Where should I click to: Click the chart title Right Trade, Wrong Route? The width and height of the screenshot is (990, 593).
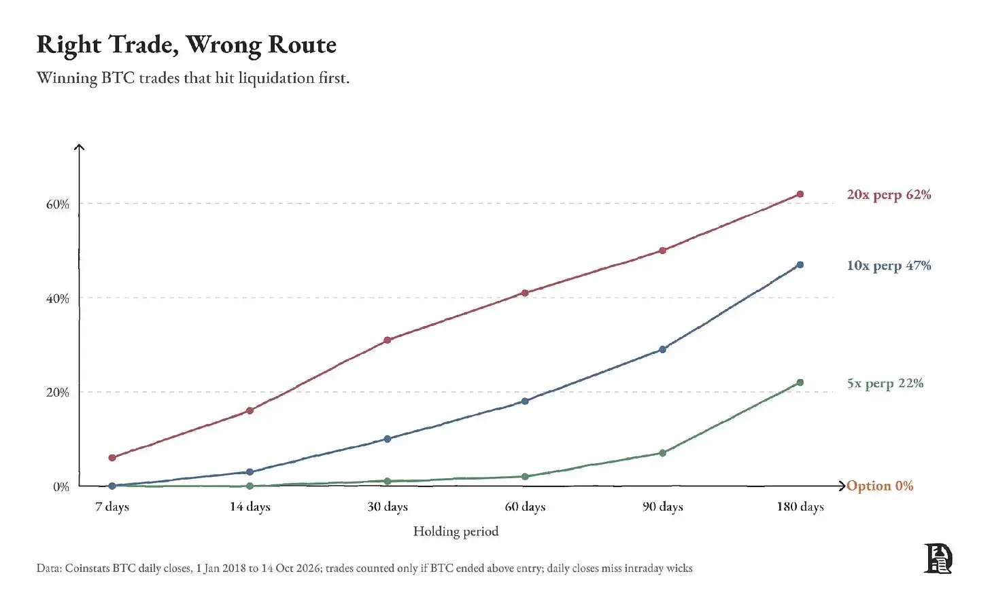(x=186, y=46)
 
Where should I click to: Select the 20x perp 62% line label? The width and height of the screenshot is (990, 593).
(x=889, y=195)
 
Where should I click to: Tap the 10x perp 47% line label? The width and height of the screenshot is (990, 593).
(x=889, y=266)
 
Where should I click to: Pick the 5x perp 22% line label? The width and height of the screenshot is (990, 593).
(x=885, y=383)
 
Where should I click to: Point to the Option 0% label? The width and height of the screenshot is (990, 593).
(x=880, y=486)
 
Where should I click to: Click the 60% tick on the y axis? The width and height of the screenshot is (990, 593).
(x=57, y=204)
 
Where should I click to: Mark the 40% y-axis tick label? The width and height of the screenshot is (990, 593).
(x=57, y=298)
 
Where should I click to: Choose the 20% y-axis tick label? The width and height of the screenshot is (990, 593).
(x=57, y=392)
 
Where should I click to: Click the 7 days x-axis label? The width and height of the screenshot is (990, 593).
(x=112, y=507)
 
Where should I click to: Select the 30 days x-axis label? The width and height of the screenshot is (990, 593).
(x=388, y=507)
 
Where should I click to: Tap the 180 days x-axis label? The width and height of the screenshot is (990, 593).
(x=800, y=507)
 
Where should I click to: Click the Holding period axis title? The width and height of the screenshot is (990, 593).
(x=456, y=531)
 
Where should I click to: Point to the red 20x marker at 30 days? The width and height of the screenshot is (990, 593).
(x=388, y=340)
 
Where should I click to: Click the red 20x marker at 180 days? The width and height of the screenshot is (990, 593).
(x=800, y=194)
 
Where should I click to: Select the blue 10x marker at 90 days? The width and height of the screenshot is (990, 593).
(x=662, y=350)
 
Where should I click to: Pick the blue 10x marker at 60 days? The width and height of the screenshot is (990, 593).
(x=525, y=401)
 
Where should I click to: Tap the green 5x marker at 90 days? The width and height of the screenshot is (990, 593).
(x=662, y=453)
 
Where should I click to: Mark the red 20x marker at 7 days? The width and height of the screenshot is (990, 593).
(x=112, y=458)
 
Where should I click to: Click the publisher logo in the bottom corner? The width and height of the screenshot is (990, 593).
(x=938, y=558)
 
